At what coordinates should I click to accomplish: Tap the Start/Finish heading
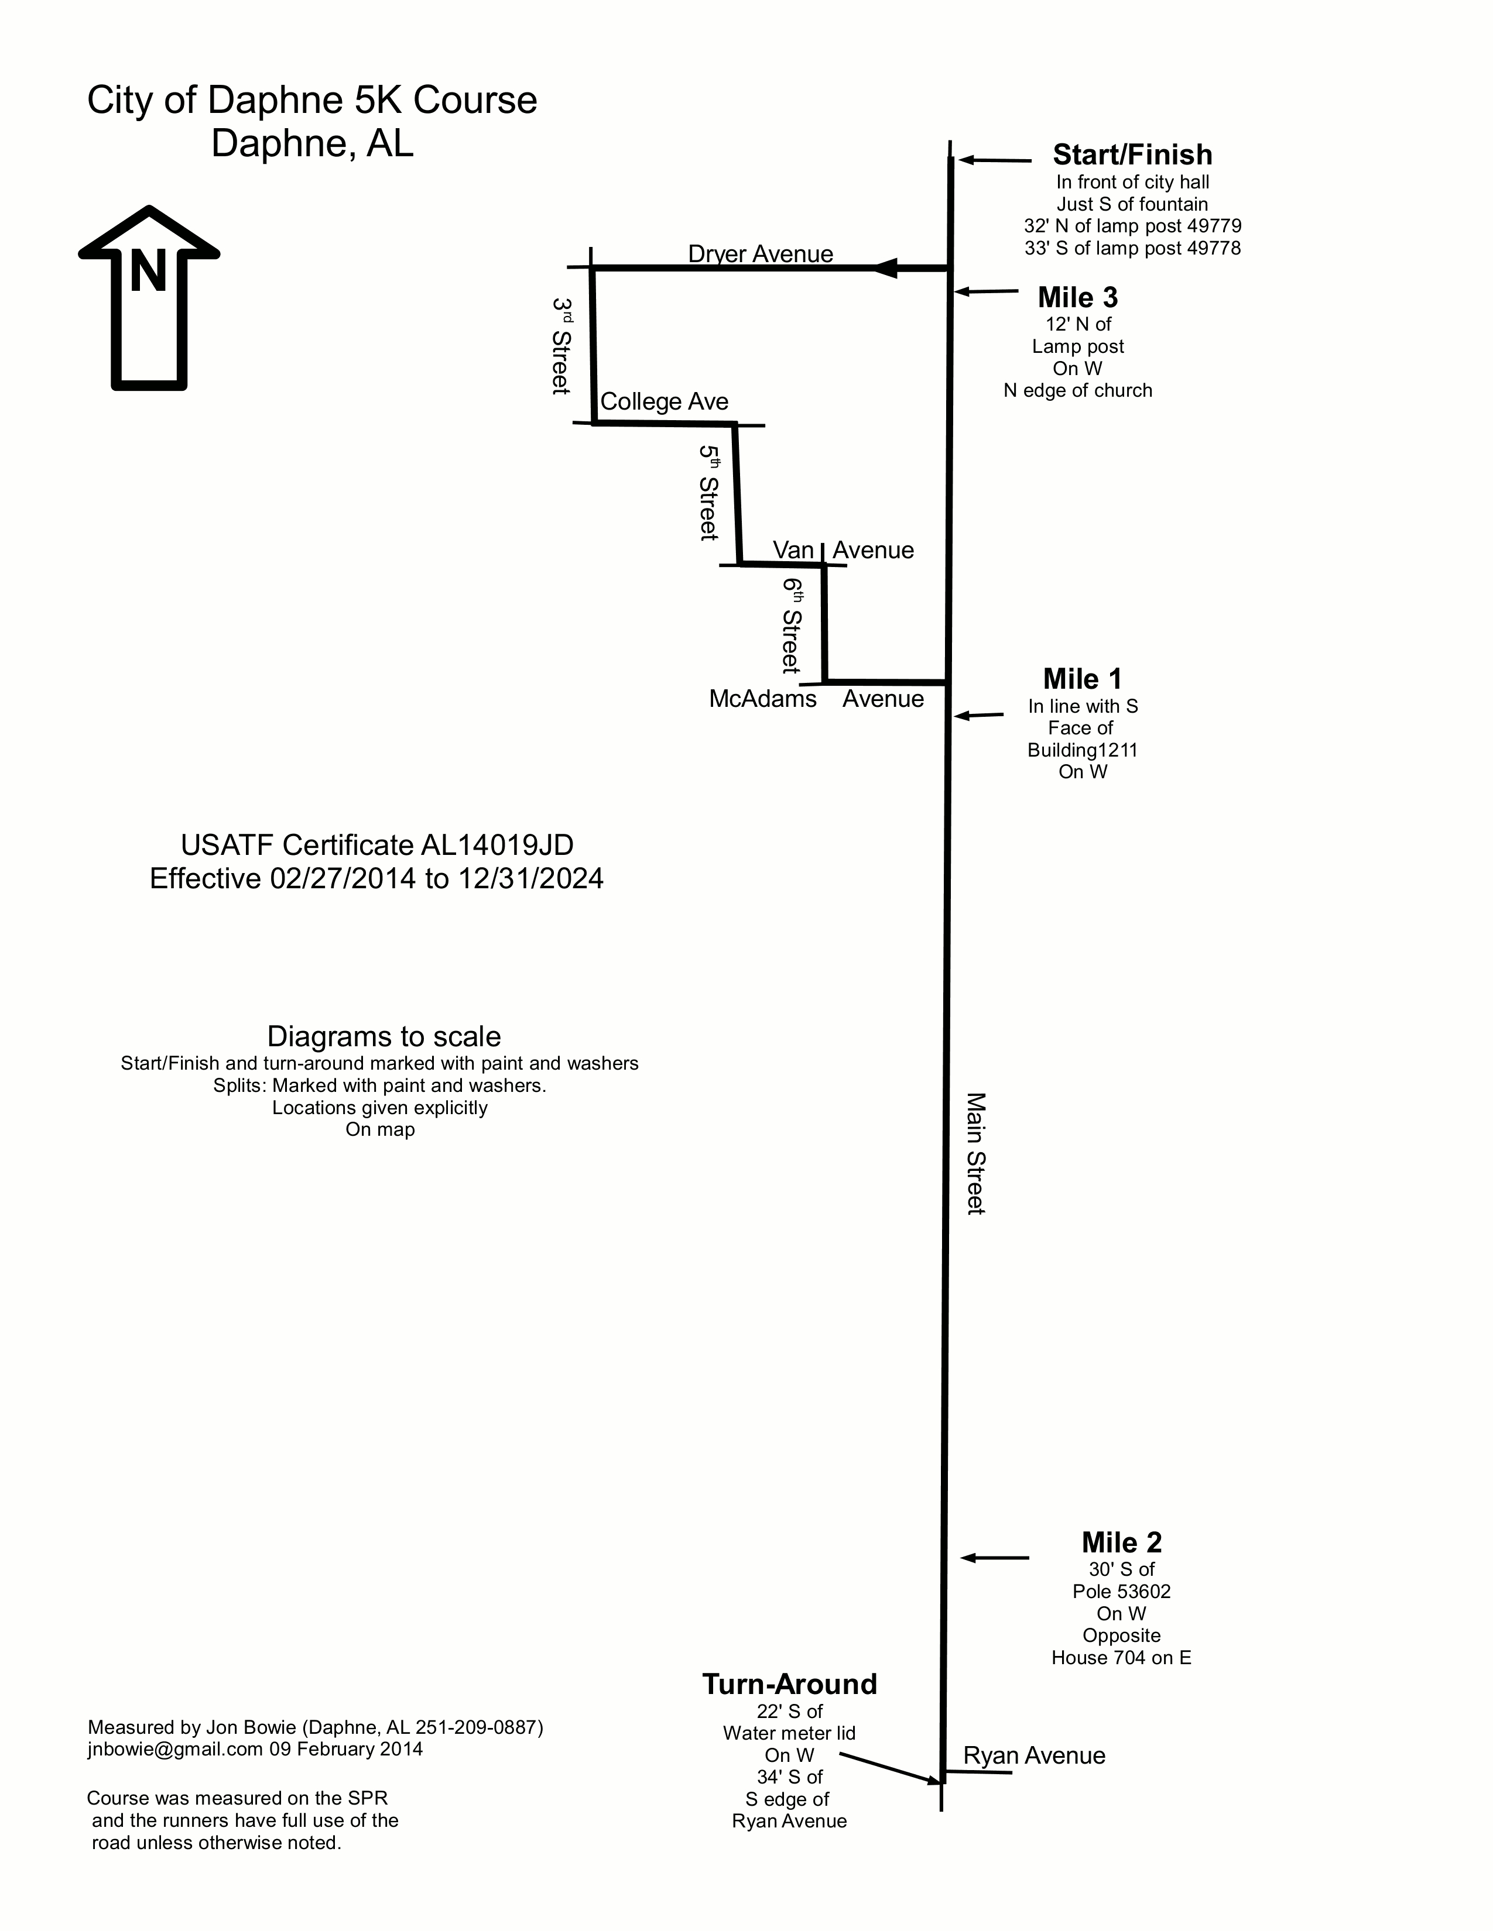1132,154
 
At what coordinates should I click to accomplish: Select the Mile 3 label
1077,298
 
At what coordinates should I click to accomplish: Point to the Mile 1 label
1083,679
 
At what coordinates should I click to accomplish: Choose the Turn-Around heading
790,1684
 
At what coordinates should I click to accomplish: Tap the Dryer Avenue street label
761,254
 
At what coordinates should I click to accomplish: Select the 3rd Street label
561,346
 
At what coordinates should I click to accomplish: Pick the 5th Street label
708,493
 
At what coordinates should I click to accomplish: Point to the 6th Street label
791,625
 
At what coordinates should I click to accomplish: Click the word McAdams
762,699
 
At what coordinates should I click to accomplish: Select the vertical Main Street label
975,1154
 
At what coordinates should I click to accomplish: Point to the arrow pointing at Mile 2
995,1558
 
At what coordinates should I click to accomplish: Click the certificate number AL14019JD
497,846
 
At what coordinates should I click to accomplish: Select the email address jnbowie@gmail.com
175,1749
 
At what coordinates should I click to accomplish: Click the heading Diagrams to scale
384,1036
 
